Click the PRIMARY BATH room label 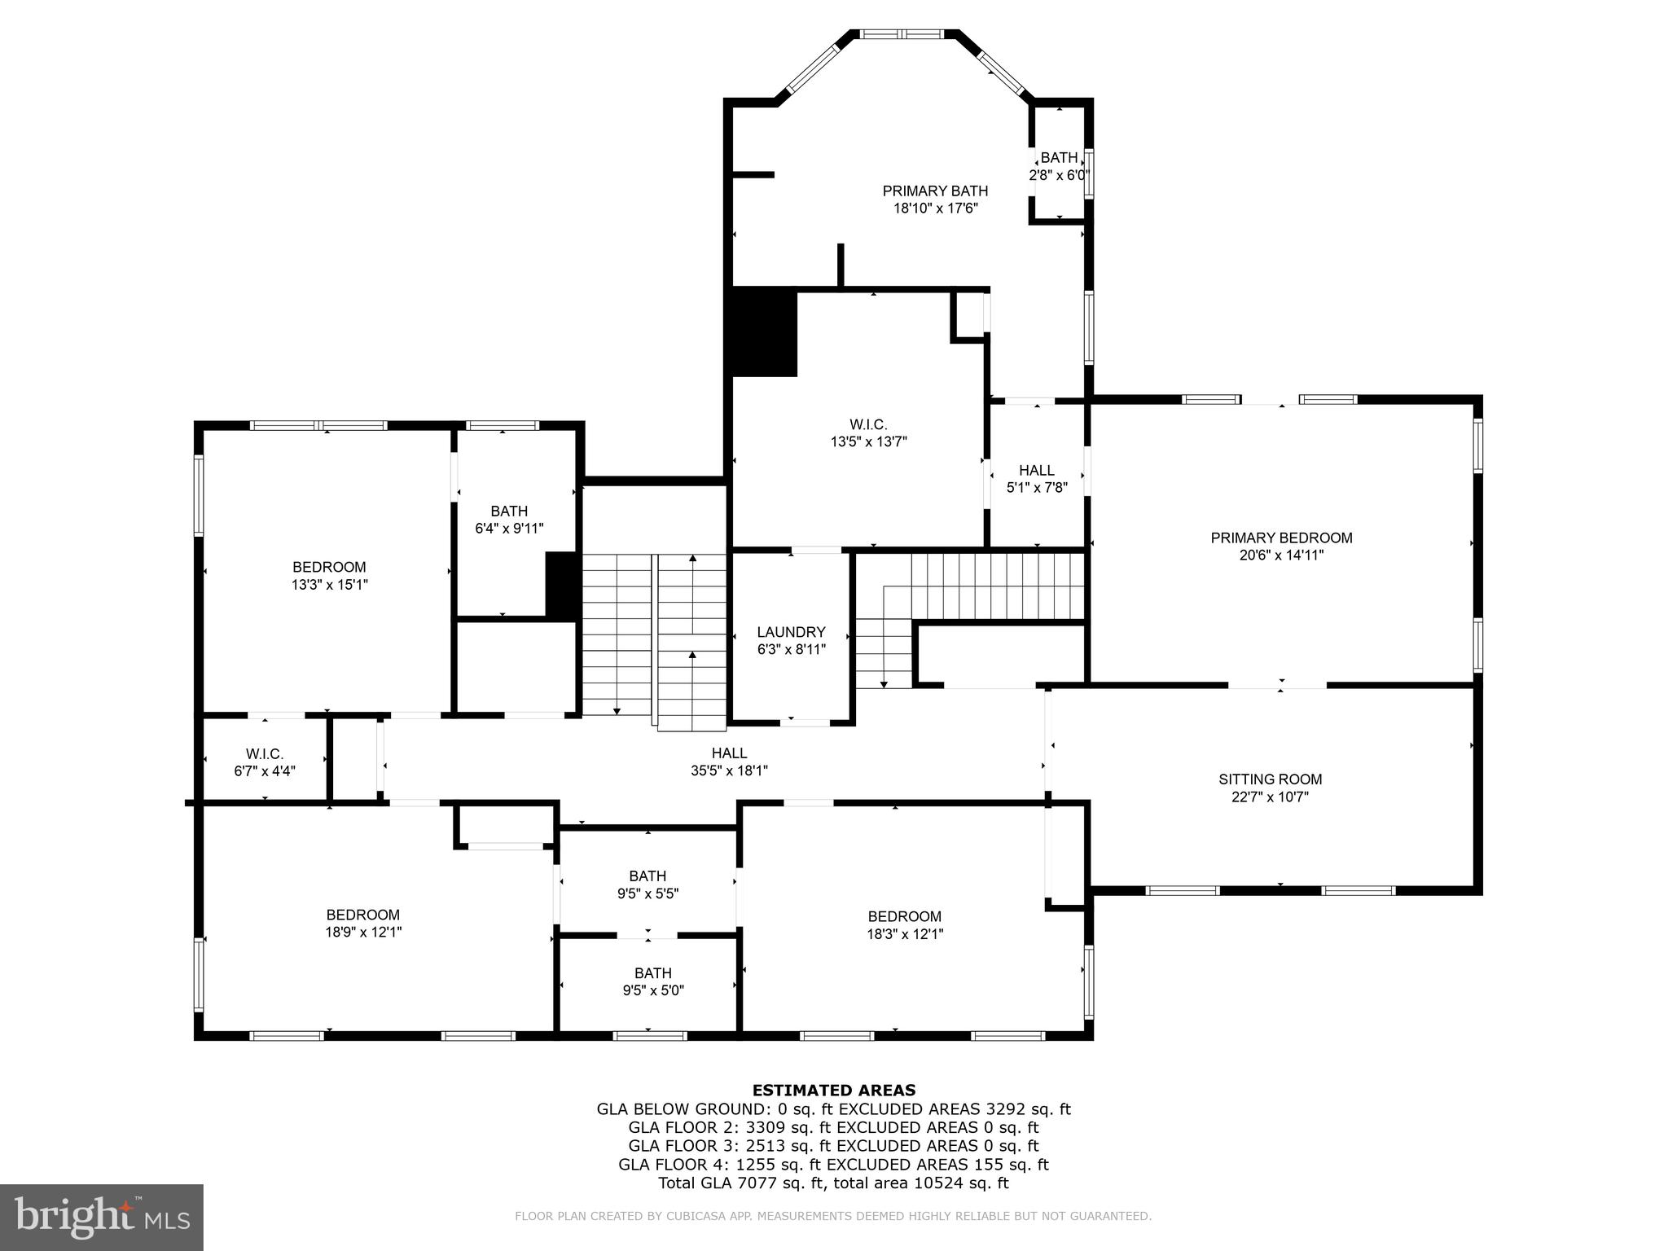[935, 191]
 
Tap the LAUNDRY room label [791, 632]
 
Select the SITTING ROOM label [1270, 779]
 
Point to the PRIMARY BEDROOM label [1281, 538]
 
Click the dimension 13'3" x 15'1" [330, 585]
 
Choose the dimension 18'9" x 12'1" [363, 933]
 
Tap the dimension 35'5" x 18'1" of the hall [729, 770]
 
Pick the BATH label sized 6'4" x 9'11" [509, 511]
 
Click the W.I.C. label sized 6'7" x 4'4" [265, 754]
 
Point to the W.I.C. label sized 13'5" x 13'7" [868, 424]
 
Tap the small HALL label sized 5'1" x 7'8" [1036, 471]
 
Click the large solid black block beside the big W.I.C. [764, 332]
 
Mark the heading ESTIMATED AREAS [833, 1091]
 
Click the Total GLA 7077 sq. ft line [833, 1183]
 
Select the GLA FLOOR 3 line [833, 1146]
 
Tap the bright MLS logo [102, 1217]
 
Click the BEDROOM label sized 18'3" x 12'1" [904, 917]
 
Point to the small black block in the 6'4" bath [562, 586]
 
